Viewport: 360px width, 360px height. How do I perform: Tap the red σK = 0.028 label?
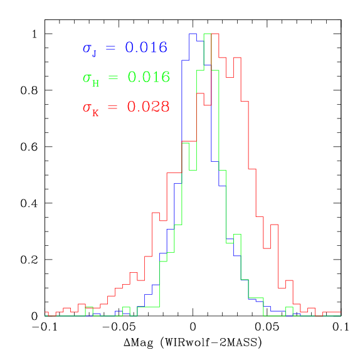[x=125, y=107]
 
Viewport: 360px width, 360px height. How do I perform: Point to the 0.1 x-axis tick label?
[x=341, y=327]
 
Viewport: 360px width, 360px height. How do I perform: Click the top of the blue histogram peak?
[x=193, y=34]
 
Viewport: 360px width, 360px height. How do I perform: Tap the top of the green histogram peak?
[x=208, y=34]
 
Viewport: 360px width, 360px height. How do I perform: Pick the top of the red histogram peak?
[x=214, y=34]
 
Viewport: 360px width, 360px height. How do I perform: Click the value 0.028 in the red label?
[x=148, y=107]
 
